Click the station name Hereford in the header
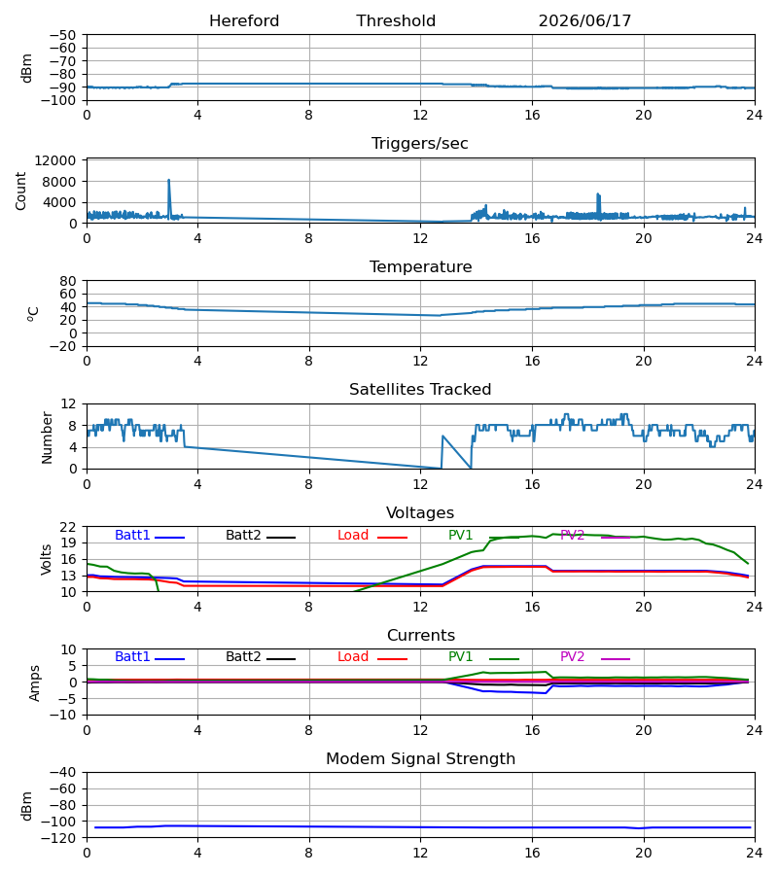pos(244,21)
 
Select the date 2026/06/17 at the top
pos(584,21)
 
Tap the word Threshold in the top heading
pos(396,21)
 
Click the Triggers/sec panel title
pos(420,144)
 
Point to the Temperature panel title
pos(420,266)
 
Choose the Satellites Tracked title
pos(420,390)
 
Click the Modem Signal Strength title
pos(420,759)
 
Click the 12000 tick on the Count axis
pos(55,160)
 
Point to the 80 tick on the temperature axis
pos(67,281)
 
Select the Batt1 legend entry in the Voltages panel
pos(150,536)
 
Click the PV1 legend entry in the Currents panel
pos(483,657)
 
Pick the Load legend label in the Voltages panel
pos(372,536)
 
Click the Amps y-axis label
pos(35,683)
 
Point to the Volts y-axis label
pos(46,560)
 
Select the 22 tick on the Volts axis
pos(67,527)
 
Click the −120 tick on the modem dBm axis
pos(63,838)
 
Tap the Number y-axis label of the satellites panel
pos(47,438)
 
